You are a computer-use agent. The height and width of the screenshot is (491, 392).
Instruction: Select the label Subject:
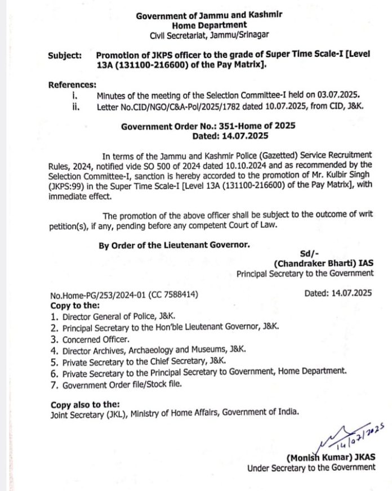[x=65, y=56]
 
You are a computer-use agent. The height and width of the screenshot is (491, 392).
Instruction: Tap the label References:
[x=72, y=84]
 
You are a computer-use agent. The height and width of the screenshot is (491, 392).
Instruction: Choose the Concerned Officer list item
[x=96, y=339]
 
